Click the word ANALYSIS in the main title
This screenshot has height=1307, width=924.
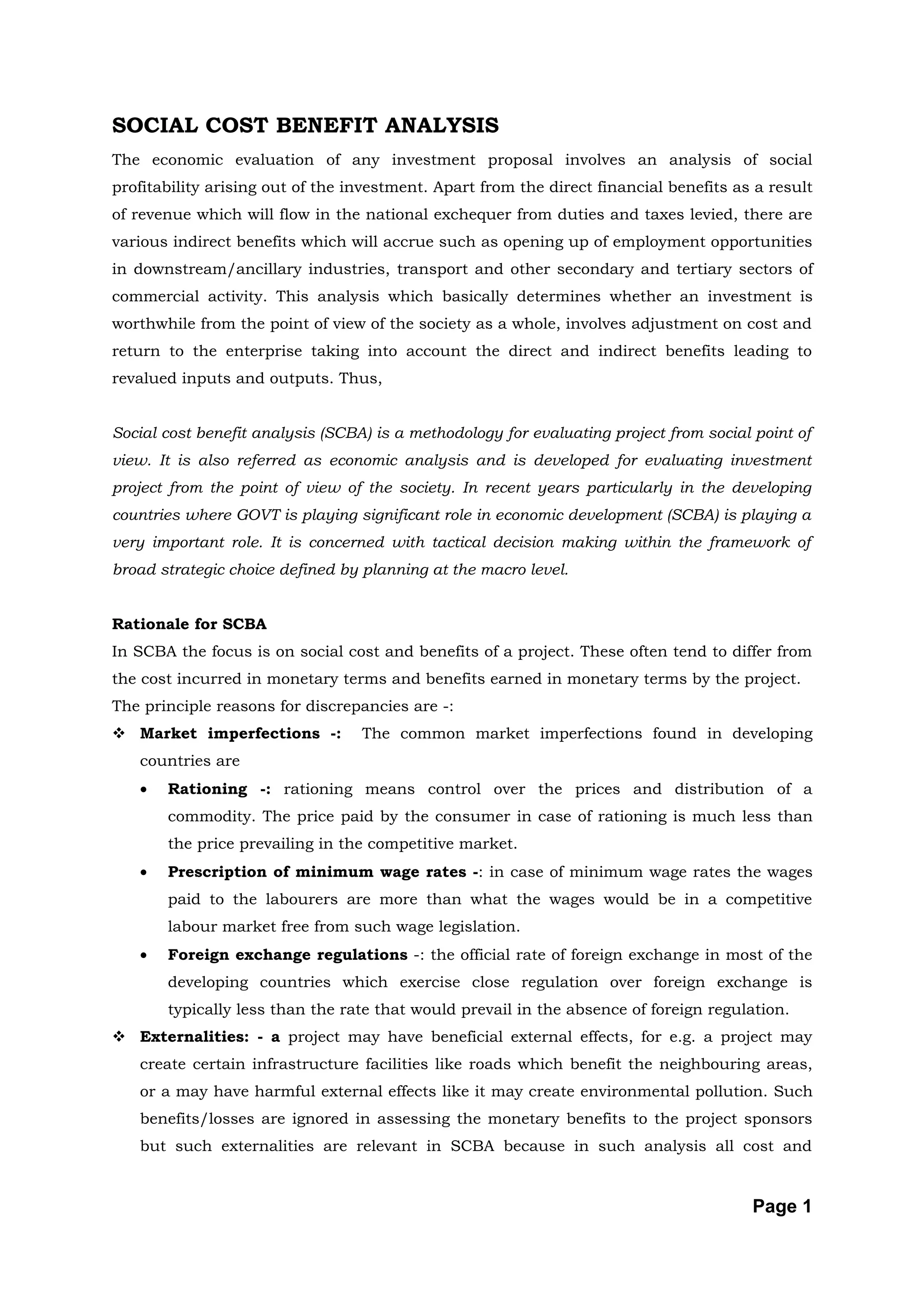point(441,125)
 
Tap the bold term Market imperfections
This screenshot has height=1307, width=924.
point(230,733)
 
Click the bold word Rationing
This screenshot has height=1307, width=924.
point(207,789)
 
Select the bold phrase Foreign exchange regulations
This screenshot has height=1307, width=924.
point(287,955)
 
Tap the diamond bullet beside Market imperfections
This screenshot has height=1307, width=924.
point(120,734)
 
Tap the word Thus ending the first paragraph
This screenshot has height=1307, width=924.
point(359,378)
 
